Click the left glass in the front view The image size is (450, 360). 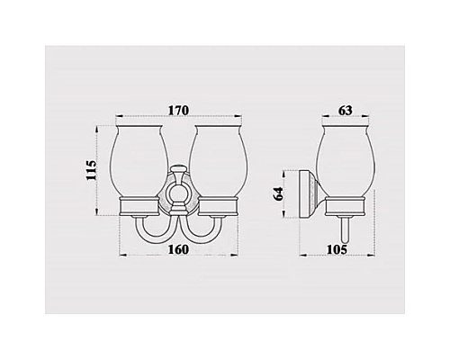[144, 158]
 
